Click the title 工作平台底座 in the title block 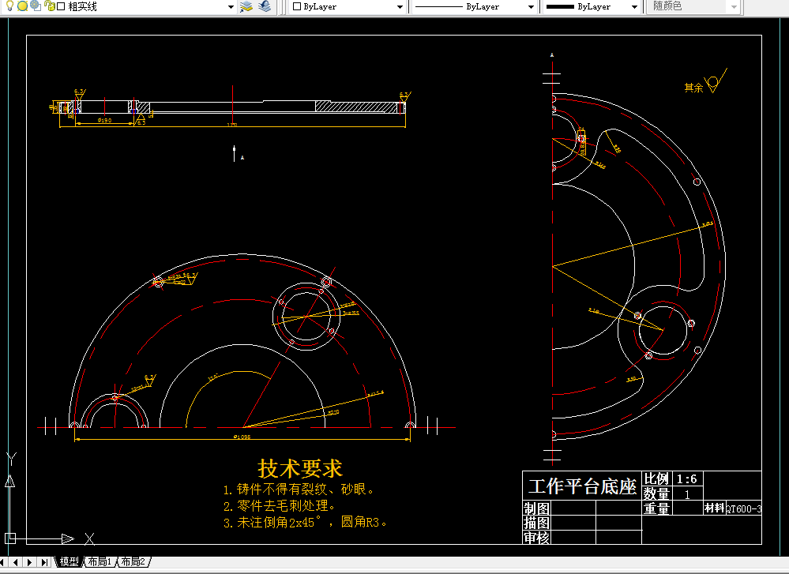coord(582,486)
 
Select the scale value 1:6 coord(686,479)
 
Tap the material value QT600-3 coord(744,509)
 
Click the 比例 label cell coord(656,479)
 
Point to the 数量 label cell coord(656,493)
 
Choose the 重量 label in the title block coord(656,509)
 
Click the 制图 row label coord(536,508)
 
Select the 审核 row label coord(536,538)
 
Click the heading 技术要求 coord(300,468)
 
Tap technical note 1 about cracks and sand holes coord(299,490)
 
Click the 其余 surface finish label coord(693,88)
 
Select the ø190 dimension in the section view coord(103,120)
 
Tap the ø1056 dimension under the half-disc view coord(242,437)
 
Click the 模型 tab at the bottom coord(69,562)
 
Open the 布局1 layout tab coord(100,562)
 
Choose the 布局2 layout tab coord(133,562)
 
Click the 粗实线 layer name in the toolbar coord(82,6)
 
